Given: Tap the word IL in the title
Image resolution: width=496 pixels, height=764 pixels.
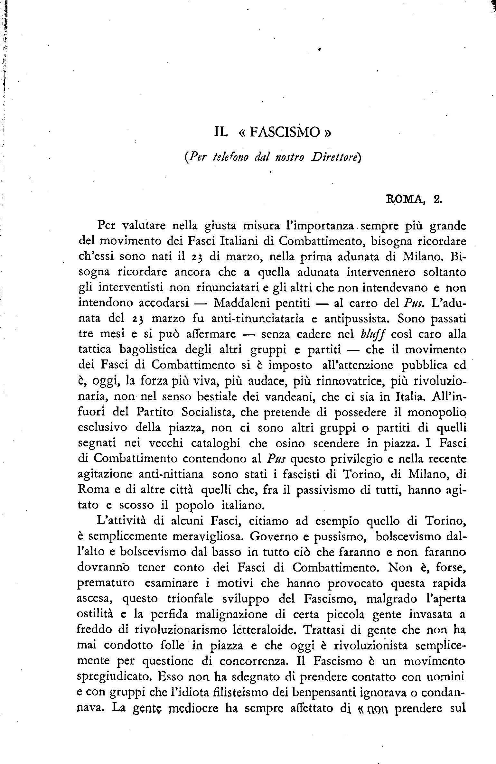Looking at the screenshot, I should coord(221,133).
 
